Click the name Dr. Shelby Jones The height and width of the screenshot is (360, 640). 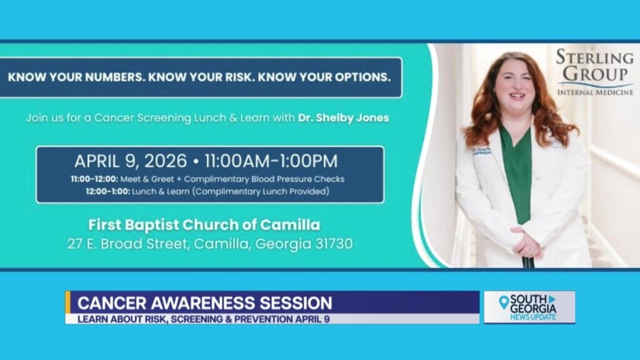point(352,117)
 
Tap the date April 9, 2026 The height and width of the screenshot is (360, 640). point(131,161)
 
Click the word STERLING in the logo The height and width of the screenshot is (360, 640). point(594,58)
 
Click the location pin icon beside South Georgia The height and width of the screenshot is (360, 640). point(504,303)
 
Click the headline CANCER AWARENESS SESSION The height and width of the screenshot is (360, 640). point(204,304)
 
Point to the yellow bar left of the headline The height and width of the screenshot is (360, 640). point(68,302)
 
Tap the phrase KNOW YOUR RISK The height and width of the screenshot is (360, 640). point(196,78)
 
